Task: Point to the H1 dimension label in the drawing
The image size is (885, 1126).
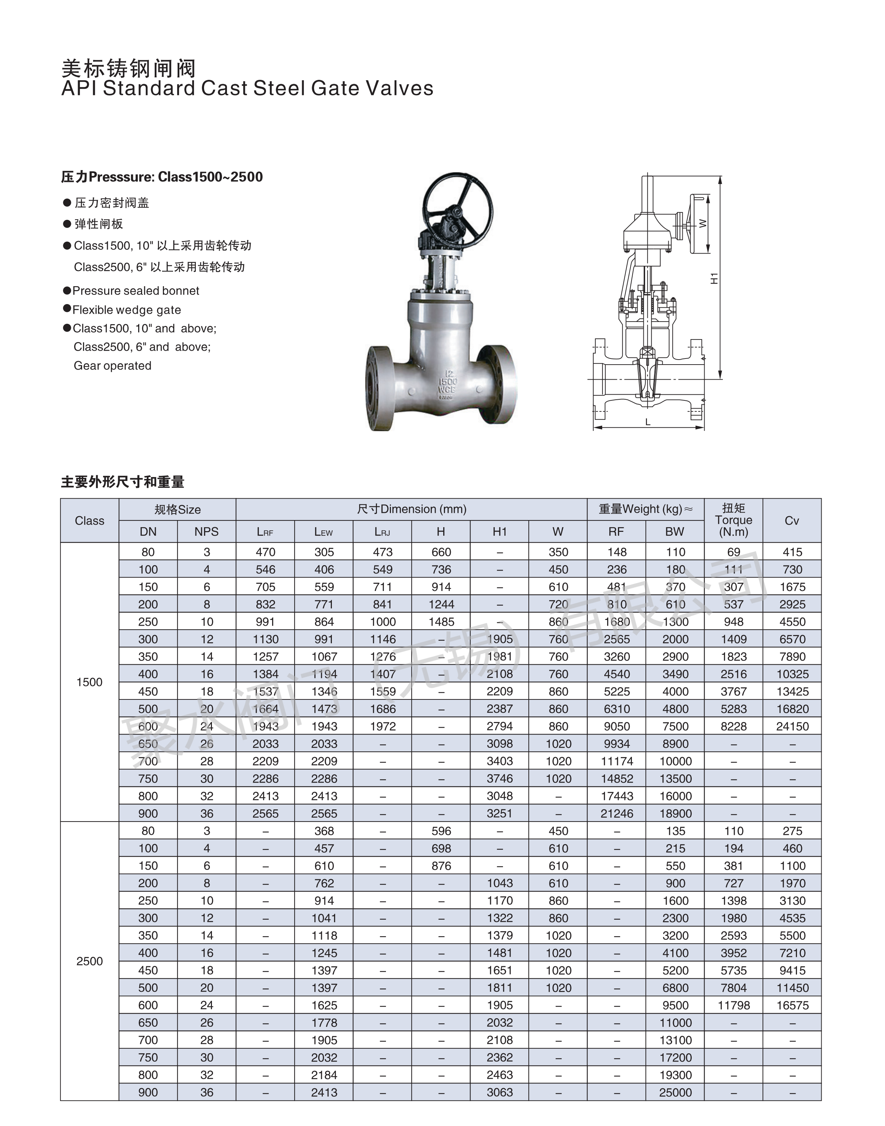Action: point(714,278)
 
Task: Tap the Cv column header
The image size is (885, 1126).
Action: point(792,520)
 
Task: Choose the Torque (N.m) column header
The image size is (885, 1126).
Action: point(733,520)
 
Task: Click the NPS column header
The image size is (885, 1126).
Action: point(206,531)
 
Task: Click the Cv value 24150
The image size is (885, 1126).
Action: point(792,726)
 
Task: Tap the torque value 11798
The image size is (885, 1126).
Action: point(734,1005)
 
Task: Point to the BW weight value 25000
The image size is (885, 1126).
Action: point(675,1092)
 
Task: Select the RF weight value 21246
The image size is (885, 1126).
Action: point(616,813)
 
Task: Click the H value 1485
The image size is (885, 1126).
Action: point(441,622)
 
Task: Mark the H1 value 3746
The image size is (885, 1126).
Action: point(499,779)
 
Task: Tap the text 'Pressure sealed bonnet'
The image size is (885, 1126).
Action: point(136,290)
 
